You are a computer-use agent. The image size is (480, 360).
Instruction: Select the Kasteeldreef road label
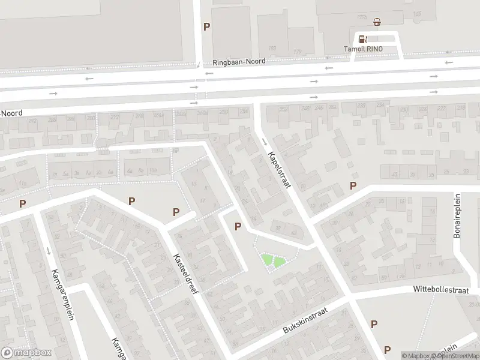pyautogui.click(x=187, y=272)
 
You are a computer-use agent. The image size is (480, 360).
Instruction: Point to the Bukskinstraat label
pyautogui.click(x=308, y=322)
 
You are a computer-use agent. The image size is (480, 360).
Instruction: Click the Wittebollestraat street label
pyautogui.click(x=441, y=289)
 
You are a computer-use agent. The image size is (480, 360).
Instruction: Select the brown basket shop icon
pyautogui.click(x=377, y=23)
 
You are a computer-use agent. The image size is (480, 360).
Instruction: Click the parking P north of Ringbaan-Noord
pyautogui.click(x=207, y=26)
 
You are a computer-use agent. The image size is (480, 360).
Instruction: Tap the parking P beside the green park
pyautogui.click(x=238, y=227)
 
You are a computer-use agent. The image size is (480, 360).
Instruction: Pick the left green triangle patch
pyautogui.click(x=266, y=260)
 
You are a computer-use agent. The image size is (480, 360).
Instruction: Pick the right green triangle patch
pyautogui.click(x=279, y=261)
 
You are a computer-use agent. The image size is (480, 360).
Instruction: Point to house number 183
pyautogui.click(x=272, y=49)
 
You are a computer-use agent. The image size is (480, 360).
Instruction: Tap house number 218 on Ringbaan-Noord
pyautogui.click(x=460, y=108)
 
